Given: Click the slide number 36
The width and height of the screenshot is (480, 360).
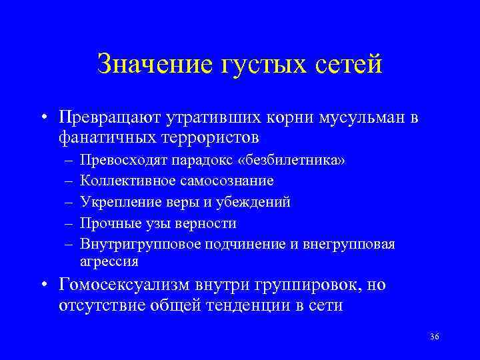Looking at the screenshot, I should [435, 337].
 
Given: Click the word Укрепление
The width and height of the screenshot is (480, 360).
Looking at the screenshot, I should [114, 202].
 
